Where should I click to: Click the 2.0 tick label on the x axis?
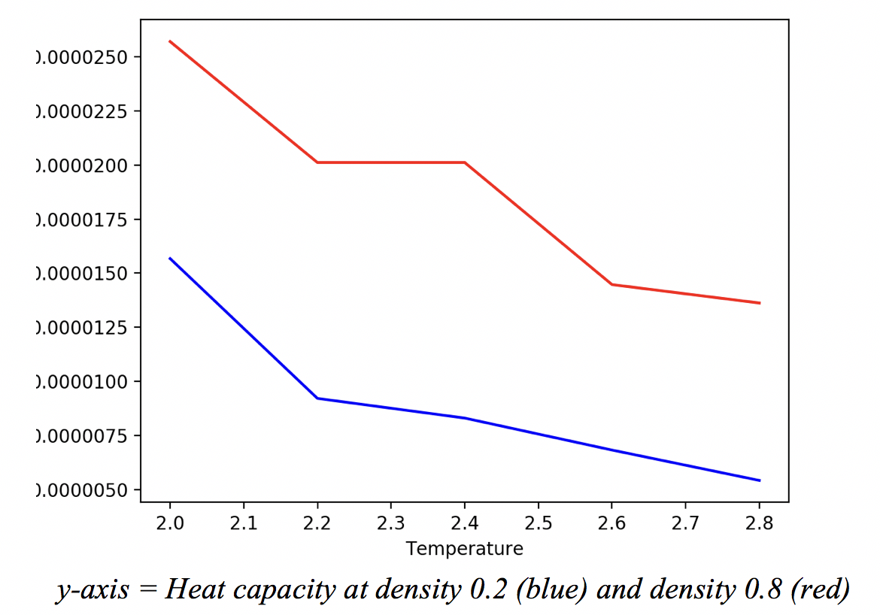click(170, 523)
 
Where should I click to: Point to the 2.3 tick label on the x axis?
click(391, 523)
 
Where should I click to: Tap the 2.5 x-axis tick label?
click(538, 523)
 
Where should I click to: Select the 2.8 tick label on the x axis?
click(759, 523)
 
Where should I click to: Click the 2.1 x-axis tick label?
click(244, 523)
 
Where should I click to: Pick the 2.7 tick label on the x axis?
click(685, 523)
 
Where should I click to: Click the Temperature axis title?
click(464, 549)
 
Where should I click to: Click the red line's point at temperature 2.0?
click(170, 41)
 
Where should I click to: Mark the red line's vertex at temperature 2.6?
click(611, 284)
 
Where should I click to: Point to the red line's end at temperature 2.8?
click(760, 303)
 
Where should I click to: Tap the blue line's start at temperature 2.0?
click(170, 258)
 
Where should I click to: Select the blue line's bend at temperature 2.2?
click(317, 398)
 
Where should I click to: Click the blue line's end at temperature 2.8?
click(760, 480)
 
